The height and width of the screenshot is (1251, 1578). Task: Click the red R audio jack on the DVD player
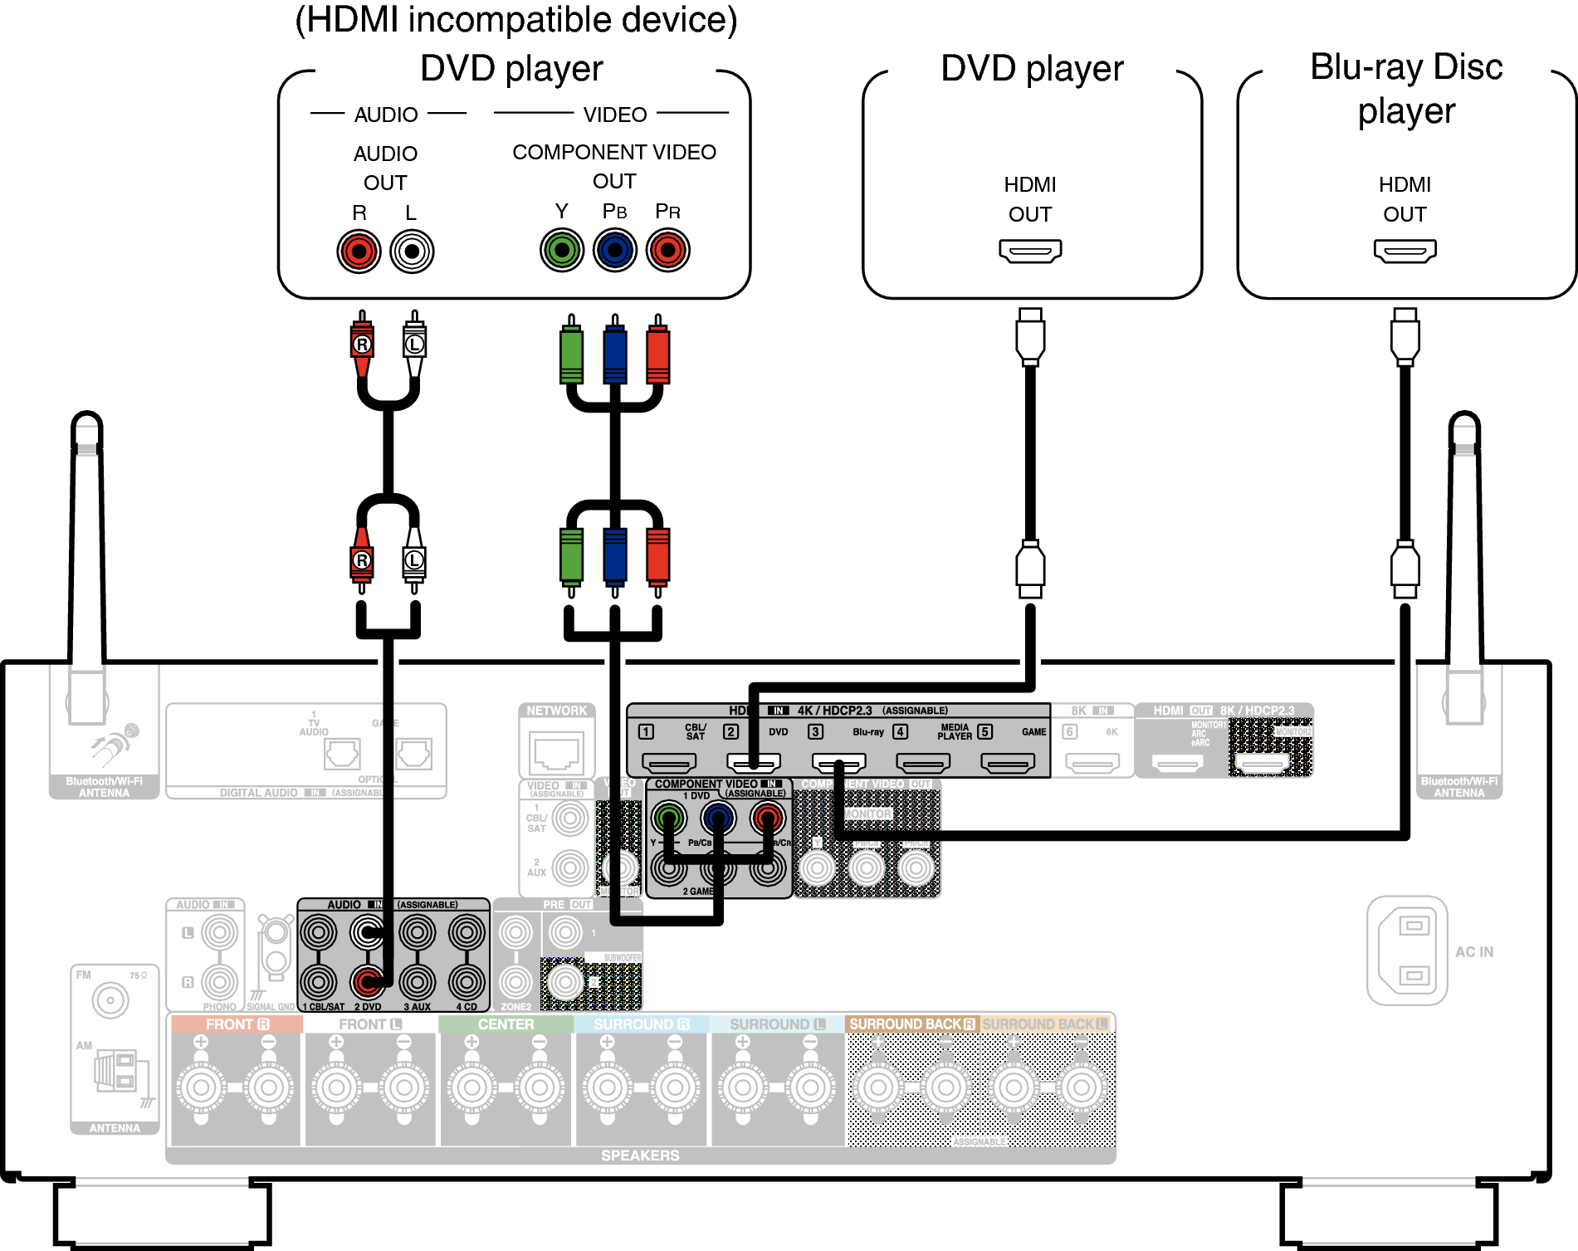(x=359, y=252)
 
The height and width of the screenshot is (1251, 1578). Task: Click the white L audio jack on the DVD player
(x=412, y=252)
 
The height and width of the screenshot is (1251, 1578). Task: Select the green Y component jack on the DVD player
(x=562, y=250)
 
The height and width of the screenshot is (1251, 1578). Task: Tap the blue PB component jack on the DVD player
(x=615, y=250)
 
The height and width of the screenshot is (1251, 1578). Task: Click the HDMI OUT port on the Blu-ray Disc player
(x=1405, y=250)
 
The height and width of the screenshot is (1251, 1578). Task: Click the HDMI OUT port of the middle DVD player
(x=1030, y=250)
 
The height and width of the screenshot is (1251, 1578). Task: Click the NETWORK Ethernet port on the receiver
(x=557, y=752)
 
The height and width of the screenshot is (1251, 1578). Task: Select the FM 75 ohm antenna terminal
(x=110, y=1000)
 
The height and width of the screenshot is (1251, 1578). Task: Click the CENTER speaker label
(x=506, y=1024)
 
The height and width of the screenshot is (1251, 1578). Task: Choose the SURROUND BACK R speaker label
(x=911, y=1024)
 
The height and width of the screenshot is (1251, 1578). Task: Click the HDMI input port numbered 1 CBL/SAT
(x=669, y=761)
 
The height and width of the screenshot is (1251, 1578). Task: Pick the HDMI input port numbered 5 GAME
(x=1008, y=761)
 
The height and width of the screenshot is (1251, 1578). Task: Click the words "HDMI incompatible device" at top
(x=515, y=20)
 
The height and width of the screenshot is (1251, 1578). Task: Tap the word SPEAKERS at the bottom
(x=640, y=1156)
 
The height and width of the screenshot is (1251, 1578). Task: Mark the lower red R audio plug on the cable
(x=362, y=560)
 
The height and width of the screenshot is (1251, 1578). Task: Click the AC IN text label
(x=1474, y=952)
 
